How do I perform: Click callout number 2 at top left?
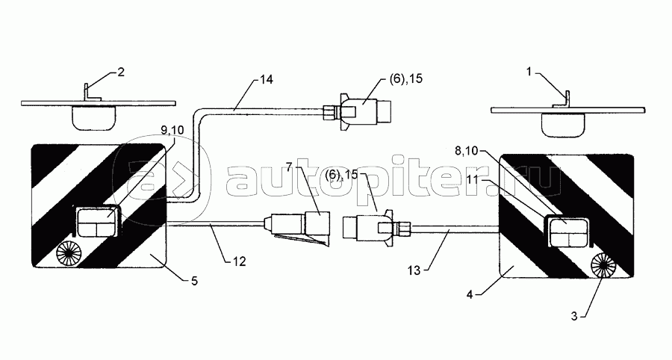point(121,72)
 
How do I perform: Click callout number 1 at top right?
point(529,72)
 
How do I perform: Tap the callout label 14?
point(266,80)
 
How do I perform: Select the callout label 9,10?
point(172,130)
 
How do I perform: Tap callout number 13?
point(414,270)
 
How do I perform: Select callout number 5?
point(194,281)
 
